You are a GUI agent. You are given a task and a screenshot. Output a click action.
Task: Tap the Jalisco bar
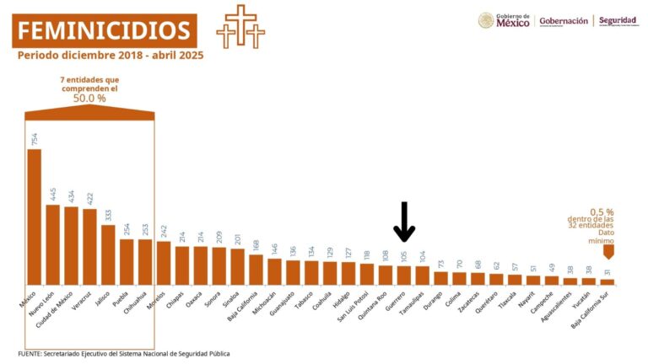click(x=108, y=254)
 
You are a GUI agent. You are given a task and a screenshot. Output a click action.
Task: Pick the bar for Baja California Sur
click(x=607, y=282)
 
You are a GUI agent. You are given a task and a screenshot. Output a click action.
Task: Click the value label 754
click(x=35, y=139)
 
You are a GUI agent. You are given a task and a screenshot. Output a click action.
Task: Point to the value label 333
click(x=108, y=215)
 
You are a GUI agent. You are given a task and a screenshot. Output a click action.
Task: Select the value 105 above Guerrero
click(x=404, y=256)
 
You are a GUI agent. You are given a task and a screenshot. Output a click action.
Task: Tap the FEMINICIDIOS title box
click(x=105, y=31)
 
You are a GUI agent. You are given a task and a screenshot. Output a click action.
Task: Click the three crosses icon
click(x=240, y=26)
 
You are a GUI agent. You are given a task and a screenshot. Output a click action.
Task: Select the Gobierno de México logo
click(x=504, y=20)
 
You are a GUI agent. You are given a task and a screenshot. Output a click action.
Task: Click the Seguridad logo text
click(x=618, y=20)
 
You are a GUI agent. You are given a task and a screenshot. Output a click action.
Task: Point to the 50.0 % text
click(x=89, y=99)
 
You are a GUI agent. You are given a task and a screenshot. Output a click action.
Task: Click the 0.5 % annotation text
click(x=602, y=212)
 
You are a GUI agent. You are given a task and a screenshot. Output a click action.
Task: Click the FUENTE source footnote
click(x=123, y=354)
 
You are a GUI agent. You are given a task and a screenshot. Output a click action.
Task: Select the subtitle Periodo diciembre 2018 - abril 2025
click(x=111, y=56)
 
